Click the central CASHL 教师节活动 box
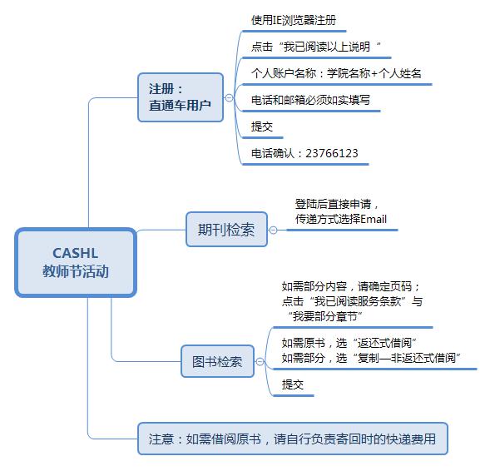[x=76, y=262]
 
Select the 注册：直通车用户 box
[x=181, y=97]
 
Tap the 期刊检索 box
[x=226, y=230]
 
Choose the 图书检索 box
[x=217, y=361]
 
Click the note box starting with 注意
[x=293, y=439]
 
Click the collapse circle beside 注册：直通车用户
[x=229, y=98]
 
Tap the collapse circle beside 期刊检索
[x=273, y=230]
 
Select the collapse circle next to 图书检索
[x=260, y=362]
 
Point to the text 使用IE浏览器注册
[x=294, y=20]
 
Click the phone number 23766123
[x=332, y=153]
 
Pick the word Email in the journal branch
[x=374, y=219]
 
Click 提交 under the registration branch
[x=262, y=126]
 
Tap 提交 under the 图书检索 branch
[x=293, y=384]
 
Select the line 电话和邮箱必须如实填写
[x=310, y=100]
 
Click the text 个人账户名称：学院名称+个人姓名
[x=336, y=73]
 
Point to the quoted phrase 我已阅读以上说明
[x=327, y=47]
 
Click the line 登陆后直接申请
[x=333, y=204]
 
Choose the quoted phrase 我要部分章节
[x=325, y=316]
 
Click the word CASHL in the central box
[x=76, y=253]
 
